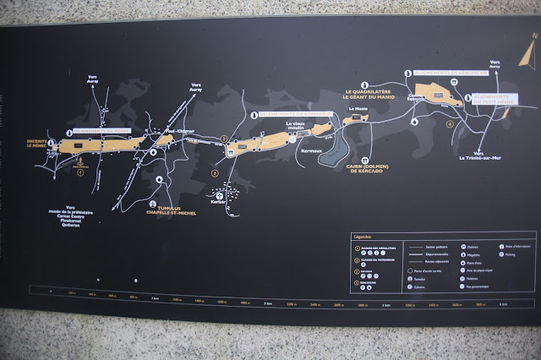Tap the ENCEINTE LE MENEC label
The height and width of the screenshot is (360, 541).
(43, 144)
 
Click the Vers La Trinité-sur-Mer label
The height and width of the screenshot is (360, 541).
(479, 155)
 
